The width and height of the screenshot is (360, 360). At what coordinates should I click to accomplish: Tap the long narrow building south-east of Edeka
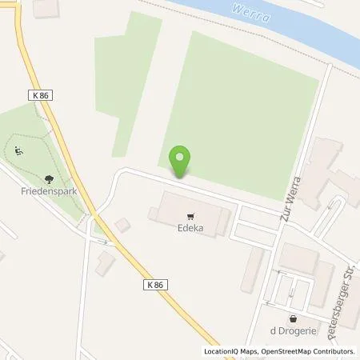click(255, 269)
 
